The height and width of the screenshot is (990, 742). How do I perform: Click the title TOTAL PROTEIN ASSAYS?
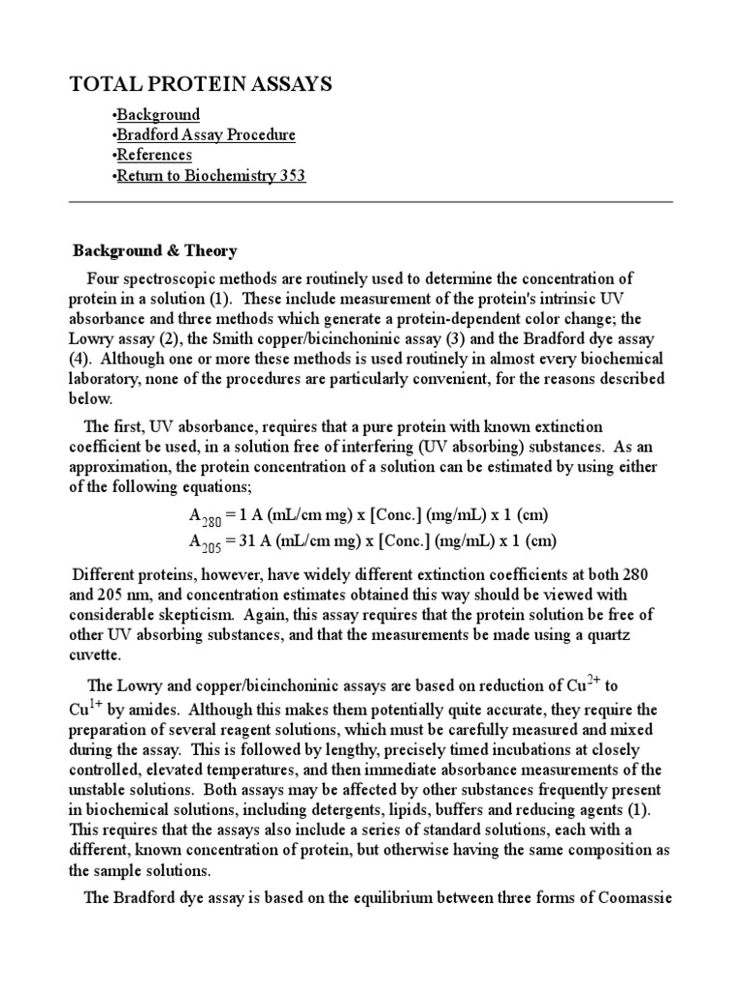point(201,85)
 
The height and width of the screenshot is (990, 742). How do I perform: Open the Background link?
point(157,115)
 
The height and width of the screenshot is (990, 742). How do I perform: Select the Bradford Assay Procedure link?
point(205,135)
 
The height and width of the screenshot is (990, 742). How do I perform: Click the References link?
point(154,156)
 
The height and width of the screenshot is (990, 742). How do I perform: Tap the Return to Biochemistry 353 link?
point(211,177)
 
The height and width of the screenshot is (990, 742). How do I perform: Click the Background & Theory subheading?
point(156,251)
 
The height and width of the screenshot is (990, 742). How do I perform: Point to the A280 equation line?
point(358,514)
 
